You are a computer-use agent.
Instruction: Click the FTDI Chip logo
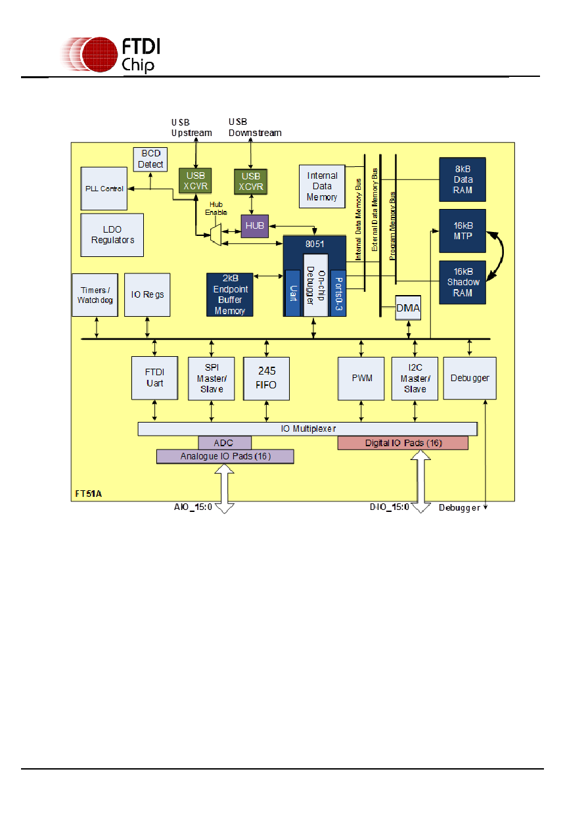[x=110, y=55]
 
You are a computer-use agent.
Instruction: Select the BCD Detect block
[x=150, y=159]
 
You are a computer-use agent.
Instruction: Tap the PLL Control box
[x=104, y=189]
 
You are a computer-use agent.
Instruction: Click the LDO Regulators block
[x=112, y=235]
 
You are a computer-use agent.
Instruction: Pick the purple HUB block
[x=255, y=225]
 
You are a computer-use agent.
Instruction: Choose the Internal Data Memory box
[x=323, y=187]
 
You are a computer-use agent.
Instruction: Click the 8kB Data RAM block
[x=462, y=179]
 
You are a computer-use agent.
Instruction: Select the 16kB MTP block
[x=462, y=231]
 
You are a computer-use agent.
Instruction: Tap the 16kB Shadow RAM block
[x=462, y=283]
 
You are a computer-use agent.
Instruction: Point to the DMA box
[x=408, y=308]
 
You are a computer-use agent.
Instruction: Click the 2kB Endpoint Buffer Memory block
[x=230, y=295]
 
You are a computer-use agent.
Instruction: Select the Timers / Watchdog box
[x=95, y=295]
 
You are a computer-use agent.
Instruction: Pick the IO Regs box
[x=147, y=295]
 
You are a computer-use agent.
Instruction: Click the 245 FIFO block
[x=266, y=379]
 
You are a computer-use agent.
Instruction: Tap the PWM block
[x=361, y=379]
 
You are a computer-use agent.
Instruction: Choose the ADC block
[x=225, y=443]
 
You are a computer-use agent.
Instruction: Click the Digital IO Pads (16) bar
[x=403, y=443]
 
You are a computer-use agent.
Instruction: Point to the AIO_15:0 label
[x=193, y=507]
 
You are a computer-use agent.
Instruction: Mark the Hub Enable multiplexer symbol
[x=215, y=235]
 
